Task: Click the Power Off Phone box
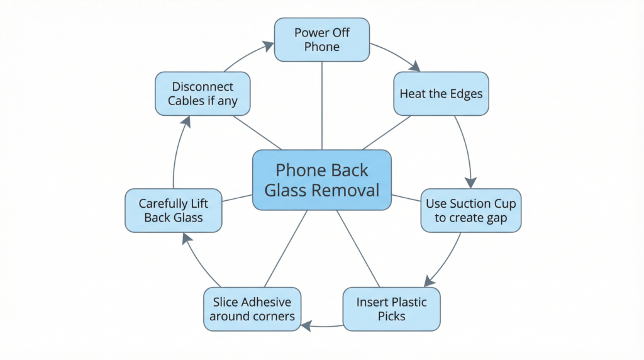click(x=321, y=40)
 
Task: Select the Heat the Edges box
click(x=441, y=94)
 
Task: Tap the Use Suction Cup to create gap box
click(x=470, y=210)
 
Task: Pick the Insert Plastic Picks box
click(x=391, y=309)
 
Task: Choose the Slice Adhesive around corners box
click(x=252, y=309)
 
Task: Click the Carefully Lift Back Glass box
click(x=174, y=210)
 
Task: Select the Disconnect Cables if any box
click(x=203, y=93)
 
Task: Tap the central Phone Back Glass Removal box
click(x=321, y=180)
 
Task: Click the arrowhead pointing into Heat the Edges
click(x=414, y=67)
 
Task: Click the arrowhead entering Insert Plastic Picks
click(x=430, y=281)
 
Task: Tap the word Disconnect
click(x=203, y=86)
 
